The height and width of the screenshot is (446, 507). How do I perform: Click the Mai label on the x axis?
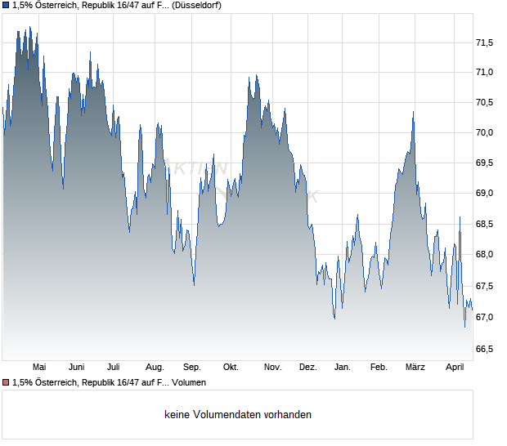[x=39, y=367]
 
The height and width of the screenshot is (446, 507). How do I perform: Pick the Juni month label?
[x=77, y=367]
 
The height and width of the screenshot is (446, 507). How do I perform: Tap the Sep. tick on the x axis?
[x=192, y=367]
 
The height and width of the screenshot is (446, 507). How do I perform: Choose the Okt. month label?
[x=231, y=367]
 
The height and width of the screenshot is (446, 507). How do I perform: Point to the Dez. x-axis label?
[x=308, y=367]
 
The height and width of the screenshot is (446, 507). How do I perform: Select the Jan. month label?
[x=343, y=367]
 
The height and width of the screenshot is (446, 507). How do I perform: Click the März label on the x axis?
[x=415, y=367]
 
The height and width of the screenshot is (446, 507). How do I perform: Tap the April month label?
[x=454, y=367]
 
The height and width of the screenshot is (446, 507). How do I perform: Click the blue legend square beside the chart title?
[x=6, y=5]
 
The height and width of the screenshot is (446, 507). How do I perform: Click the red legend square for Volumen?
[x=6, y=382]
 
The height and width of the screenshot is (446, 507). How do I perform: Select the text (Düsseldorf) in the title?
[x=196, y=5]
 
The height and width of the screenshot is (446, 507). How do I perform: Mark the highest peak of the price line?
[x=29, y=27]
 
